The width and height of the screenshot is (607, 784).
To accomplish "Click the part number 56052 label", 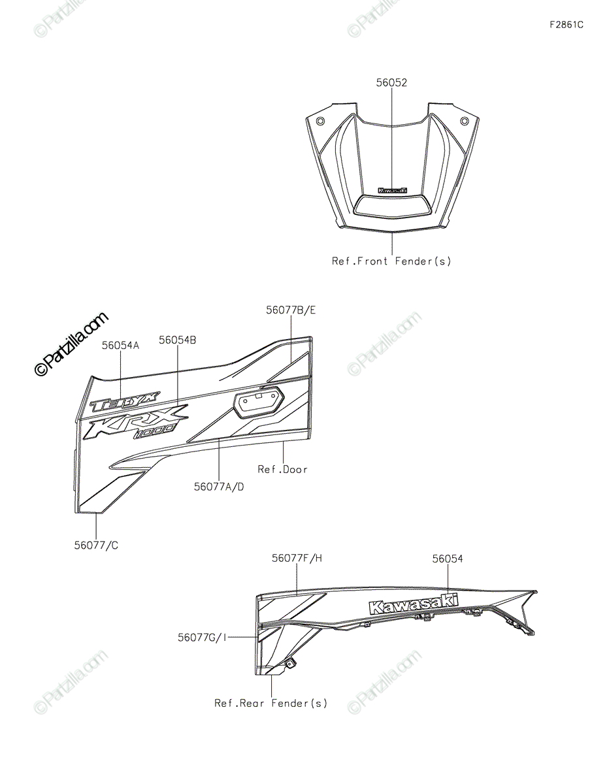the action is tap(391, 83).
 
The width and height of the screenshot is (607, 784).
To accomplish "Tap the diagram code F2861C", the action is tap(566, 25).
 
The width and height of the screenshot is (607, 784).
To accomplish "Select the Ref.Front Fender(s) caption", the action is tap(391, 261).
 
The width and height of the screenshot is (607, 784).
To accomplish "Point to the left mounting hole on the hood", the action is tap(320, 122).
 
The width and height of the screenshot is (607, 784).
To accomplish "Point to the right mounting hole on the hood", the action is tap(464, 121).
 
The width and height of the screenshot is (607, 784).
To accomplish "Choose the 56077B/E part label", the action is tap(290, 310).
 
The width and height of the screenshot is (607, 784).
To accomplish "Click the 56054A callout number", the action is tap(120, 345).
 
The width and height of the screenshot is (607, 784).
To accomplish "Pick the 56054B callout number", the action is tap(178, 340).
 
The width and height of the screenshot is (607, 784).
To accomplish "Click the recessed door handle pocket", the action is tap(259, 400).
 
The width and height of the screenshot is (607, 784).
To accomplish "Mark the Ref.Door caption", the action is tap(282, 469).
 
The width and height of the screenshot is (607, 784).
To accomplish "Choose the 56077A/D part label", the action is tap(220, 486).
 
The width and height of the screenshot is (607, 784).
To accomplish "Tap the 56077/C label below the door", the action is tap(96, 546).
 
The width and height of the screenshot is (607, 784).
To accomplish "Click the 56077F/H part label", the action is tap(297, 559).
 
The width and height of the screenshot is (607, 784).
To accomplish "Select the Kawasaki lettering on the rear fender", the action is tap(413, 604).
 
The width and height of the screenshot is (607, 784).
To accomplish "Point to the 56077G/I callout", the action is tap(203, 636).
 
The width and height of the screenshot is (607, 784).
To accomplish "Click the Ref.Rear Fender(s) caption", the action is tap(271, 703).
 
